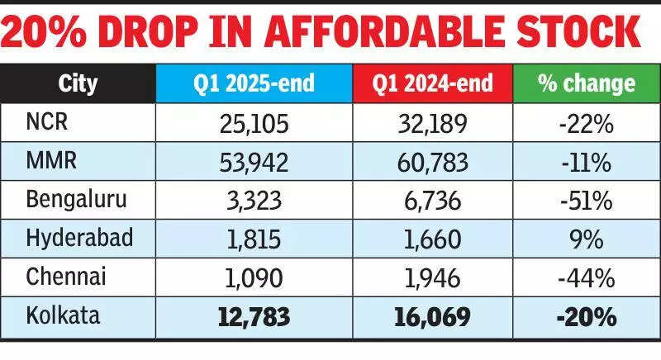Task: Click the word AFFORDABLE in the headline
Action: [389, 33]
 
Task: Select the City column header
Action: [78, 83]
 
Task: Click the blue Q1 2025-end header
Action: [254, 83]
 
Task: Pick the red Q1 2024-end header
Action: [432, 83]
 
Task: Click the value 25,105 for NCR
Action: [254, 124]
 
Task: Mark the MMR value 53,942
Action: [254, 162]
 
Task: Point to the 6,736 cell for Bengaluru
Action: [432, 201]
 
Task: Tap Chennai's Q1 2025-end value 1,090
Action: [254, 277]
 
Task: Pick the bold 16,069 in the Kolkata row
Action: [432, 316]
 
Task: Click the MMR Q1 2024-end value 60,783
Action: [432, 162]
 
